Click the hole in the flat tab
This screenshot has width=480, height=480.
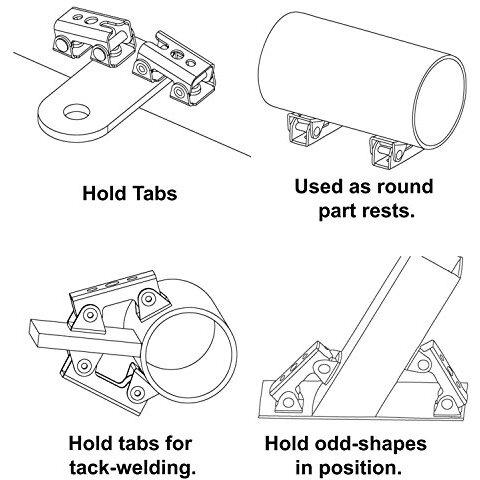tap(77, 111)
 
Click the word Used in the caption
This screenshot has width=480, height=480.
tap(319, 187)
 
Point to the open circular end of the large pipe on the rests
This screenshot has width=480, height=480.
tap(439, 103)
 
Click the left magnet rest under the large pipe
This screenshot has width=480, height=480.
tap(307, 131)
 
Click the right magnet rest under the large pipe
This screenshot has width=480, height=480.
tap(389, 151)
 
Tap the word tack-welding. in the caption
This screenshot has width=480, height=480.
tap(132, 468)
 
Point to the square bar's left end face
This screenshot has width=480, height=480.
tap(34, 332)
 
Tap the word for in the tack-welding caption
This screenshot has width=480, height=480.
tap(178, 444)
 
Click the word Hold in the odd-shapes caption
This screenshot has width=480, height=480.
tap(286, 444)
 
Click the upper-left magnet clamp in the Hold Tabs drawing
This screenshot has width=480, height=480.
tap(93, 39)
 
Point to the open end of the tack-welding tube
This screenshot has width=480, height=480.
tap(189, 356)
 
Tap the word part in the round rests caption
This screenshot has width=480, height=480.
tap(337, 212)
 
